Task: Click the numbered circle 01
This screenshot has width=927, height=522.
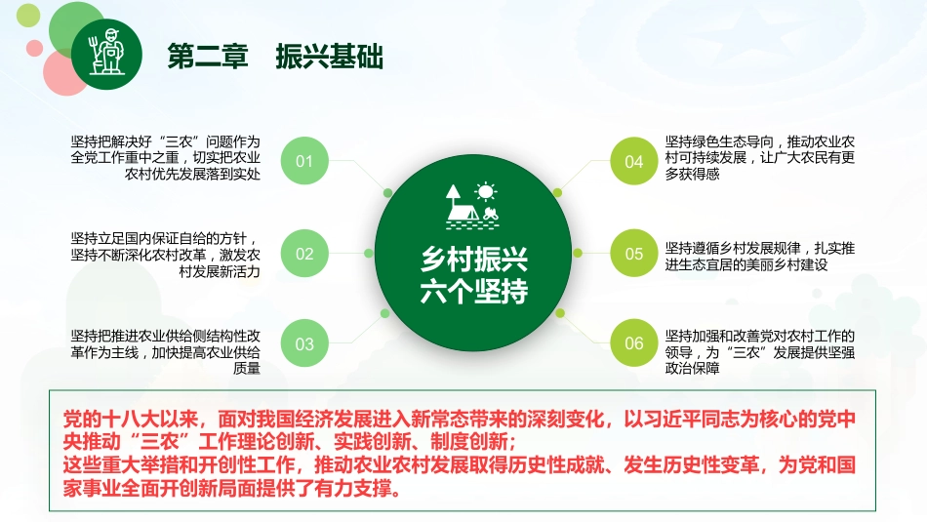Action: [x=304, y=161]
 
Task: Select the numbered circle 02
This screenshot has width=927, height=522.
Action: [x=304, y=254]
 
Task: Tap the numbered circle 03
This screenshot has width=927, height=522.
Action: [x=304, y=343]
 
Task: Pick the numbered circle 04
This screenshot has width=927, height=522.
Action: [x=634, y=161]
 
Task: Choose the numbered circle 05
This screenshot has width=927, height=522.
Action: [x=634, y=254]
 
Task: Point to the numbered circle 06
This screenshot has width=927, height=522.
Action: [x=634, y=343]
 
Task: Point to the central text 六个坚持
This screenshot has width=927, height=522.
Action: [x=473, y=292]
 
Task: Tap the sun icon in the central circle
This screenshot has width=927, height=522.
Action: [x=485, y=191]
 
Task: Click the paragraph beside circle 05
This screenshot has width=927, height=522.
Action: [x=760, y=256]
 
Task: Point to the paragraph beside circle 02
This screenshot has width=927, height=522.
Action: [x=166, y=256]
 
